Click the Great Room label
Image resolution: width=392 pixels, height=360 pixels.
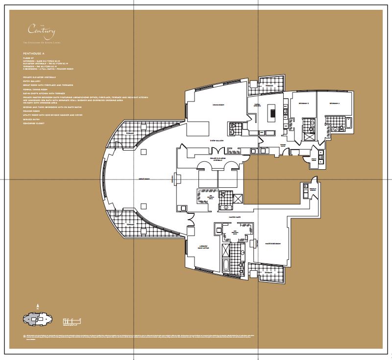(x=144, y=180)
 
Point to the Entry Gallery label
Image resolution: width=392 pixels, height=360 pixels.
(x=217, y=140)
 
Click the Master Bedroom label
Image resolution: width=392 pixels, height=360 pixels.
(x=273, y=243)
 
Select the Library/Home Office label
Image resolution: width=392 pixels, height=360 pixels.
(x=204, y=246)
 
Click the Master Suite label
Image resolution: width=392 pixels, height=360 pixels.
(x=226, y=216)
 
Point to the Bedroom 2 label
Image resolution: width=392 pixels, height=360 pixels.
(x=335, y=104)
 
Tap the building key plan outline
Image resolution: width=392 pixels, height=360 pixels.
(x=37, y=320)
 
